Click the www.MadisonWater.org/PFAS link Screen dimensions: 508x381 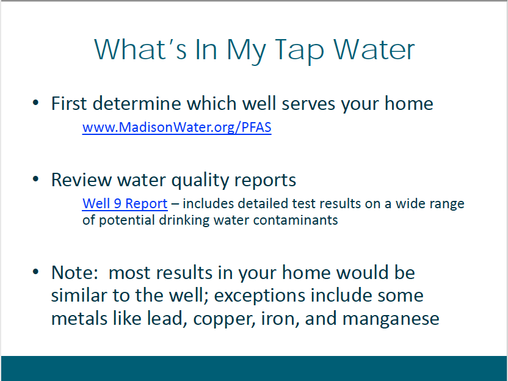coord(177,128)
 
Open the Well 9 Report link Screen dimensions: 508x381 coord(125,203)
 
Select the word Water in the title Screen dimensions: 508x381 coord(374,49)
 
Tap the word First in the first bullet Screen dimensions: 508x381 coord(69,103)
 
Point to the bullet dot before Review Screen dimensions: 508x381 coord(35,179)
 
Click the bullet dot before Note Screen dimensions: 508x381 coord(35,272)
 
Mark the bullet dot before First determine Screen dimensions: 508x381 coord(35,103)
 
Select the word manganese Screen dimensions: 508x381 coord(391,319)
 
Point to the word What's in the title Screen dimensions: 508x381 coord(140,49)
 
